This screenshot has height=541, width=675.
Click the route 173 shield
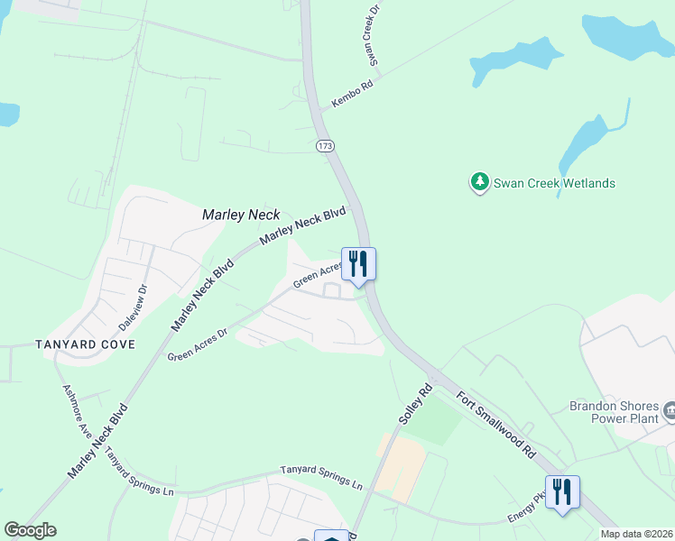pyautogui.click(x=325, y=145)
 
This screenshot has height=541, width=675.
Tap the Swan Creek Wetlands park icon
pyautogui.click(x=479, y=183)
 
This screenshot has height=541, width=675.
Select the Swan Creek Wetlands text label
pyautogui.click(x=554, y=183)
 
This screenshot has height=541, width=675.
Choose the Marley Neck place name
pyautogui.click(x=241, y=215)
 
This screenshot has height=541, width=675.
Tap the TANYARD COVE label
pyautogui.click(x=85, y=344)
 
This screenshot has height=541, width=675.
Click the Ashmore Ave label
pyautogui.click(x=77, y=410)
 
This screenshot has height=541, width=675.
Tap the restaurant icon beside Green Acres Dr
pyautogui.click(x=358, y=264)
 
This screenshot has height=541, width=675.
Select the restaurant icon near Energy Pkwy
pyautogui.click(x=562, y=491)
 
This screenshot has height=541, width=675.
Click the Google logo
pyautogui.click(x=30, y=530)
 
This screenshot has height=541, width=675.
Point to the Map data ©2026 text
pyautogui.click(x=635, y=534)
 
